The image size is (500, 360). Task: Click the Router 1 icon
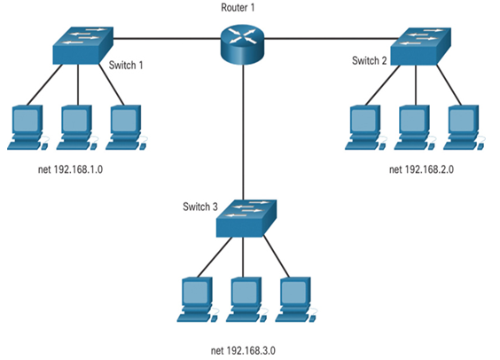click(x=242, y=44)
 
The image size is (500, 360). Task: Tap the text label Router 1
click(x=238, y=8)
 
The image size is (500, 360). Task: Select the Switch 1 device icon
click(x=83, y=45)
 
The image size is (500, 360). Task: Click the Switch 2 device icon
click(x=420, y=47)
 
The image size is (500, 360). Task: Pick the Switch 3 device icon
click(x=246, y=218)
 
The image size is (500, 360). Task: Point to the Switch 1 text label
click(x=126, y=66)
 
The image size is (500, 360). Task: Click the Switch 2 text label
click(x=369, y=60)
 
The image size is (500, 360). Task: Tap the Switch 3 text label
click(x=200, y=207)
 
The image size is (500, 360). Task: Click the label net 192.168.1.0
click(x=70, y=169)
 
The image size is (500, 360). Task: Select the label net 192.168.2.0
click(x=421, y=169)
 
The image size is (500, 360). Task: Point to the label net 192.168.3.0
click(x=243, y=351)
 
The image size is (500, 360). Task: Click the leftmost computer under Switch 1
click(x=28, y=127)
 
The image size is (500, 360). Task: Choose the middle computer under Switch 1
click(x=77, y=127)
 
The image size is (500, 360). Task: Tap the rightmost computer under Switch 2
click(x=465, y=127)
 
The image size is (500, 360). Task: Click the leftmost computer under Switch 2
click(x=366, y=127)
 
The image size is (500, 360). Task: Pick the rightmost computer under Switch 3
click(x=296, y=300)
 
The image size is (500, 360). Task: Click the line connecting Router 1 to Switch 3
click(x=243, y=132)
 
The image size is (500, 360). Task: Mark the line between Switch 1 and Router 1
click(x=167, y=39)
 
